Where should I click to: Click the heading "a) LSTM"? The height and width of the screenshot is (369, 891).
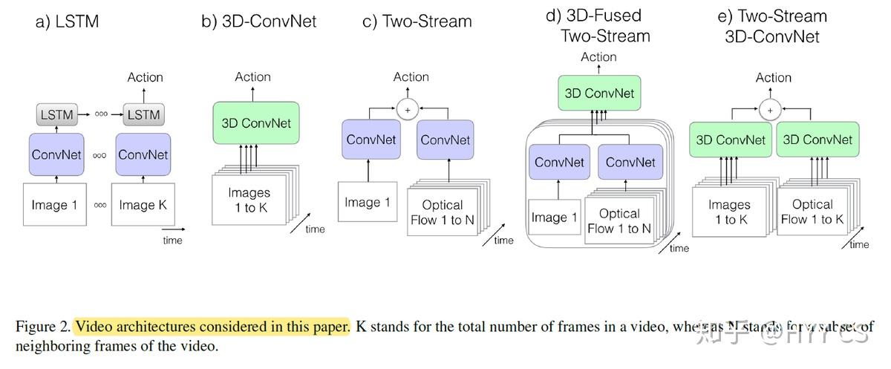pyautogui.click(x=67, y=22)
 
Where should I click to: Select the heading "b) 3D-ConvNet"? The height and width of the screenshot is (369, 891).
pyautogui.click(x=258, y=22)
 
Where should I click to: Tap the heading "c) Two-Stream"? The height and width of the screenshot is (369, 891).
pyautogui.click(x=417, y=22)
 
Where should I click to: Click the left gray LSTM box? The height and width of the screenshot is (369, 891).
pyautogui.click(x=56, y=114)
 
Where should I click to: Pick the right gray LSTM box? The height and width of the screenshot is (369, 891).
pyautogui.click(x=143, y=114)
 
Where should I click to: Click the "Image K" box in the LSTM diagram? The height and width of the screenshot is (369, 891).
pyautogui.click(x=143, y=204)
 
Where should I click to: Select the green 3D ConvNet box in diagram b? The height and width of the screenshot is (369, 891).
pyautogui.click(x=256, y=123)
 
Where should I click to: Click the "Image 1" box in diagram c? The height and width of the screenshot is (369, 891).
pyautogui.click(x=368, y=202)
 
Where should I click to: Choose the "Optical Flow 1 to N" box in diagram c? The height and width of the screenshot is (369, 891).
pyautogui.click(x=442, y=212)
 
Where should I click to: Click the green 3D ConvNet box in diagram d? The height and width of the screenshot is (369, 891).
pyautogui.click(x=599, y=94)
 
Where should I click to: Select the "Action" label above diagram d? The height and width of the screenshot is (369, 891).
pyautogui.click(x=598, y=57)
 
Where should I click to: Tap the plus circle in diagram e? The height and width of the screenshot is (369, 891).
pyautogui.click(x=770, y=110)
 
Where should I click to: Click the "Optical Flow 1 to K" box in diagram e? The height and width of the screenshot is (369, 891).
pyautogui.click(x=812, y=212)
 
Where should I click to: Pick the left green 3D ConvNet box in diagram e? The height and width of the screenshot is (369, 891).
pyautogui.click(x=730, y=140)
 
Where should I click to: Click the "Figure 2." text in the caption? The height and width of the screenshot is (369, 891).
pyautogui.click(x=43, y=327)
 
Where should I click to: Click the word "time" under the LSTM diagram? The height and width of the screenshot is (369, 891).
pyautogui.click(x=172, y=240)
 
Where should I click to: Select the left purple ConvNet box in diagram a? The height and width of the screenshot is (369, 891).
pyautogui.click(x=56, y=155)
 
